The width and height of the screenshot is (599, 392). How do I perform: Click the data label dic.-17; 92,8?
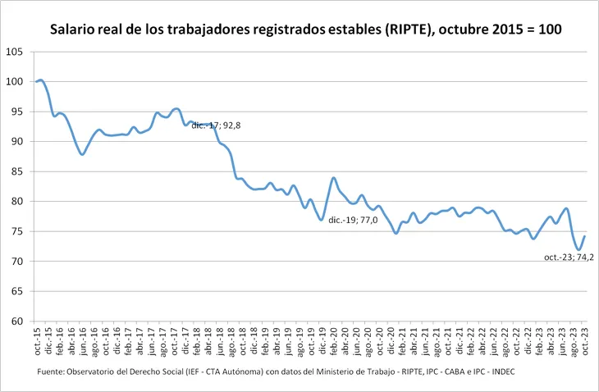coord(216,125)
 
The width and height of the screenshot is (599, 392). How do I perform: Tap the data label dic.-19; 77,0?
coord(353,221)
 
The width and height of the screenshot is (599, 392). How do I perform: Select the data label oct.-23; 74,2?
coord(569,258)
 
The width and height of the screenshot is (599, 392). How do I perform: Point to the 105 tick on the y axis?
coord(14,52)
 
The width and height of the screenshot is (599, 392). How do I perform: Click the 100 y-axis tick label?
coord(14,82)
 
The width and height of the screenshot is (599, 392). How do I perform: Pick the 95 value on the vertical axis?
coord(16,112)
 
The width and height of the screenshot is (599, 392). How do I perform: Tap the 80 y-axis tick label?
coord(16,202)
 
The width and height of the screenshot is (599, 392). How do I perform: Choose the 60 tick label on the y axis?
coord(16,321)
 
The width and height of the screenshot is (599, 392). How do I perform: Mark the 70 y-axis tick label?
coord(16,262)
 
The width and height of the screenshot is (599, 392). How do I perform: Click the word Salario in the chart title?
coord(74,29)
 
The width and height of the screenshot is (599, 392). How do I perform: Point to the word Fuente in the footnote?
coord(52,373)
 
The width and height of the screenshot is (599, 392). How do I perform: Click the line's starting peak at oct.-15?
coord(40,80)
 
